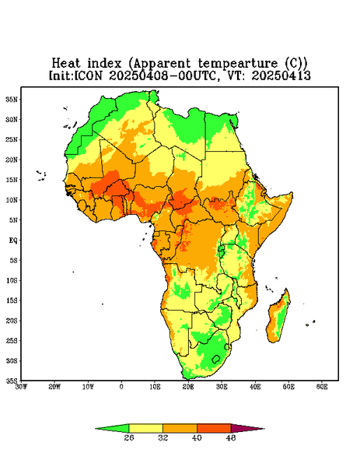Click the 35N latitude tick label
(x=12, y=99)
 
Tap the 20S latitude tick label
(x=12, y=321)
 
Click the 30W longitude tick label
(x=21, y=387)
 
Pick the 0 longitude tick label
(x=121, y=387)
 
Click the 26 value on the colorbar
(x=129, y=437)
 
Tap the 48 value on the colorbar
(x=231, y=437)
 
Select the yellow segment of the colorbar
(x=145, y=428)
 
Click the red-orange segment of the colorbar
(x=214, y=428)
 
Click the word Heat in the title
(x=66, y=64)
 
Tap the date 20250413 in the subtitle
(x=281, y=75)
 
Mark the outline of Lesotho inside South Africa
(x=212, y=359)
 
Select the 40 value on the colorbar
(x=197, y=437)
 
